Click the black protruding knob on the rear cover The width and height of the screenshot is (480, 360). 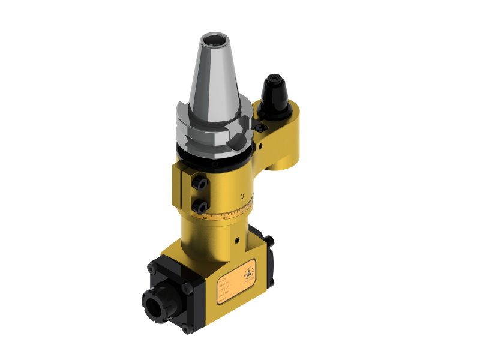(x=271, y=241)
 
